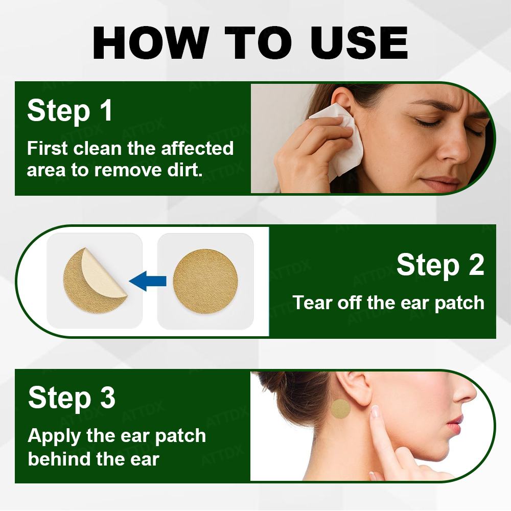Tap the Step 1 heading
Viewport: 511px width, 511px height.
70,111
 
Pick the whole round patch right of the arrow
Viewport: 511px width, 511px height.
205,281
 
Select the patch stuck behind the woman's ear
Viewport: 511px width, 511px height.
340,409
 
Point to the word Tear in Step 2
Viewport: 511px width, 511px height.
313,303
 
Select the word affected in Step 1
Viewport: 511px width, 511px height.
197,149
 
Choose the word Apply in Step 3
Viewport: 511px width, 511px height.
54,436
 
